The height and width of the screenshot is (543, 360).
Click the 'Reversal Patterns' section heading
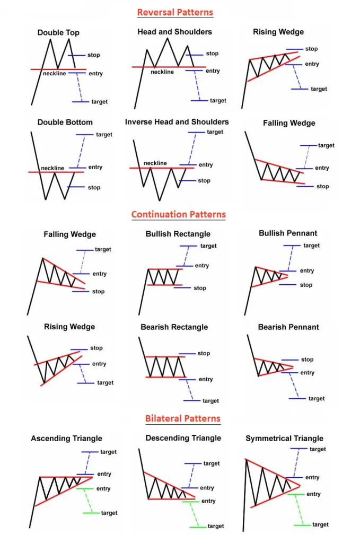pos(174,12)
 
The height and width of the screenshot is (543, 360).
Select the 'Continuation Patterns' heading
pos(179,215)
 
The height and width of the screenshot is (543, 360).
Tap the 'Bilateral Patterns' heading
pos(182,418)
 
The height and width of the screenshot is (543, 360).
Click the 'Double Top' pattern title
pos(58,33)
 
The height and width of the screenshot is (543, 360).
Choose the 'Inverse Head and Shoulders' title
pos(177,122)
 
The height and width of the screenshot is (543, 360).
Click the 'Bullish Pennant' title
pos(288,233)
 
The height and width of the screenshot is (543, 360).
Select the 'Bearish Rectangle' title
pos(174,327)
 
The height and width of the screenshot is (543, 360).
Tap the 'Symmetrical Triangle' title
pos(284,439)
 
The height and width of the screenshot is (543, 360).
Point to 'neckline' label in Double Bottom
pos(52,168)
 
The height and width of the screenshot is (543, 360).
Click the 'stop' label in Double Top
pos(94,55)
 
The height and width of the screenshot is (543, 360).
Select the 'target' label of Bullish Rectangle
pos(208,246)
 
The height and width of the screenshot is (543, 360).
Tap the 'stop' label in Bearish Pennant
pos(307,360)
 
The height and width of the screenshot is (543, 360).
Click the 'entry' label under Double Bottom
pos(95,167)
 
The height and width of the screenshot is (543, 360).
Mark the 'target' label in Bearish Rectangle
pos(210,401)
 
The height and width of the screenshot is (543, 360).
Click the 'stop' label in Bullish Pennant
pos(306,285)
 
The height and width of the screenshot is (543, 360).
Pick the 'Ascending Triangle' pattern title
pos(66,439)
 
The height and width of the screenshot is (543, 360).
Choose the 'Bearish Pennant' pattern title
pos(288,327)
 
